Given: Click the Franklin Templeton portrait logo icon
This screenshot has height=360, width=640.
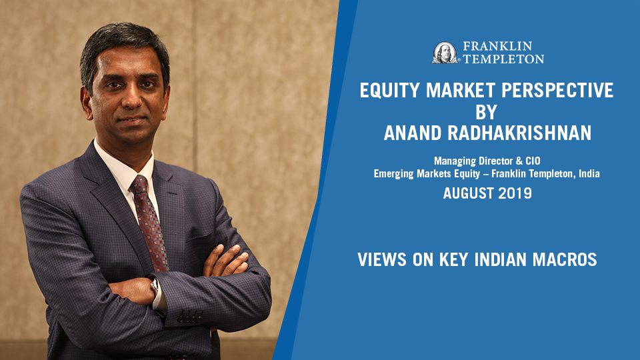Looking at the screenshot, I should [445, 53].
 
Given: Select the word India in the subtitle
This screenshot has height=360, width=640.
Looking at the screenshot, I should [587, 174].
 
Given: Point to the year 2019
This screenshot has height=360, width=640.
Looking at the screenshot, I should [516, 194].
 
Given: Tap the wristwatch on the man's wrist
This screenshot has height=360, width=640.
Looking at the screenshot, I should [155, 287].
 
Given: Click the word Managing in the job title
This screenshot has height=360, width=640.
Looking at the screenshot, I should [455, 161].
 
